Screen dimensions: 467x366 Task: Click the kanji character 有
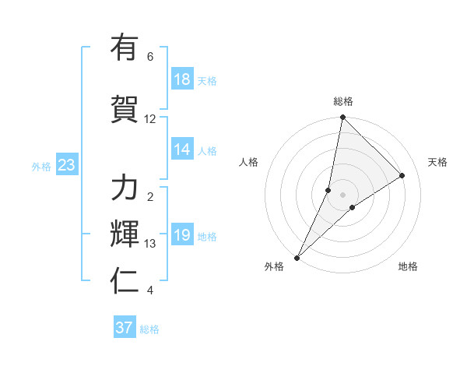tap(125, 48)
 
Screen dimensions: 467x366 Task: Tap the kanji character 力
tap(125, 188)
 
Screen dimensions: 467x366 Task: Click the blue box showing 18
tap(182, 80)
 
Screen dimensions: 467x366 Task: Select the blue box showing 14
tap(182, 150)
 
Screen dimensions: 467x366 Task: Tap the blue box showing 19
tap(182, 236)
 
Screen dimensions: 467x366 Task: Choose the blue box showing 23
tap(66, 166)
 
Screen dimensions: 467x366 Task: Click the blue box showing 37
tap(125, 328)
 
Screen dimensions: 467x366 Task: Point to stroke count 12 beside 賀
tap(150, 119)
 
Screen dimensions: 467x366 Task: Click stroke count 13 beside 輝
tap(150, 244)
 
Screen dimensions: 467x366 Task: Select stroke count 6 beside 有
tap(150, 57)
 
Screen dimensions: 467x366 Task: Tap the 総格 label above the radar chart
tap(342, 101)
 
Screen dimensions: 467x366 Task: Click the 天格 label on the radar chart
tap(437, 162)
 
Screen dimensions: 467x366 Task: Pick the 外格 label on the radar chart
tap(274, 266)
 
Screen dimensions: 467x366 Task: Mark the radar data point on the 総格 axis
tap(342, 118)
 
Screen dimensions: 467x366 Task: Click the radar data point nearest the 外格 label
tap(297, 257)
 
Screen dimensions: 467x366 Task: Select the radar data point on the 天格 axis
tap(402, 175)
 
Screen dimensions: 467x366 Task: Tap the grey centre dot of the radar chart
tap(342, 195)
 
